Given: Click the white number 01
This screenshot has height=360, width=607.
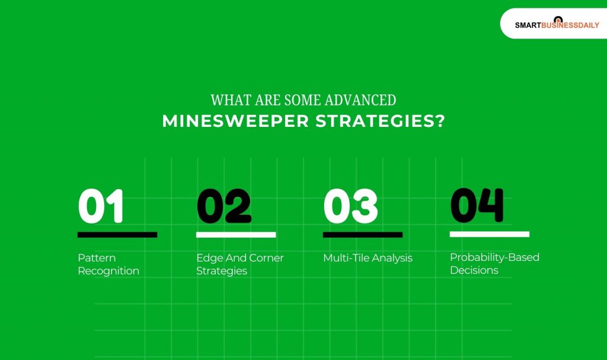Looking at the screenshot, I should [101, 206].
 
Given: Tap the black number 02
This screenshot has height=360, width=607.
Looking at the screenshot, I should [223, 206].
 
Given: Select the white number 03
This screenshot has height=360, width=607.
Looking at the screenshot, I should [350, 206].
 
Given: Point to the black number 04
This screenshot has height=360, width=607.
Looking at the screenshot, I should [477, 205].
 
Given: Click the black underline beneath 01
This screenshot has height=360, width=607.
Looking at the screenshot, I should [117, 235].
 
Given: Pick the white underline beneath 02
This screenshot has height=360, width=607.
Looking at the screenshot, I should [236, 235].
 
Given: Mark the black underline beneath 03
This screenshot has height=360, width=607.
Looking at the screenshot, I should [363, 235].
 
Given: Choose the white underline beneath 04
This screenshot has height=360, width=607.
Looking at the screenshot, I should [490, 234].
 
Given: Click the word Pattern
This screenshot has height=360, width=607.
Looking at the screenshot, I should [97, 258].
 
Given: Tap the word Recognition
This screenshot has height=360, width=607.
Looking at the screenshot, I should [108, 271].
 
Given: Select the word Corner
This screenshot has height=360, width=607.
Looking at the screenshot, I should [264, 258].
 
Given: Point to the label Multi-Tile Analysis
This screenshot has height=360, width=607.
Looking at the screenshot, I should [368, 258].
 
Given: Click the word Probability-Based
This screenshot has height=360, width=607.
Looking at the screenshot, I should [494, 257].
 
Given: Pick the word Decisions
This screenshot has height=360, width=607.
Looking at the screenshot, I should [474, 270].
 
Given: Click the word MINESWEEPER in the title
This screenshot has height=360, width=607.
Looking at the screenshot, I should [235, 121].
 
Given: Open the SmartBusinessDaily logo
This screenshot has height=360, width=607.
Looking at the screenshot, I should [557, 24].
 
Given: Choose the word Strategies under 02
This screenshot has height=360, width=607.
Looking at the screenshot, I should [222, 271].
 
